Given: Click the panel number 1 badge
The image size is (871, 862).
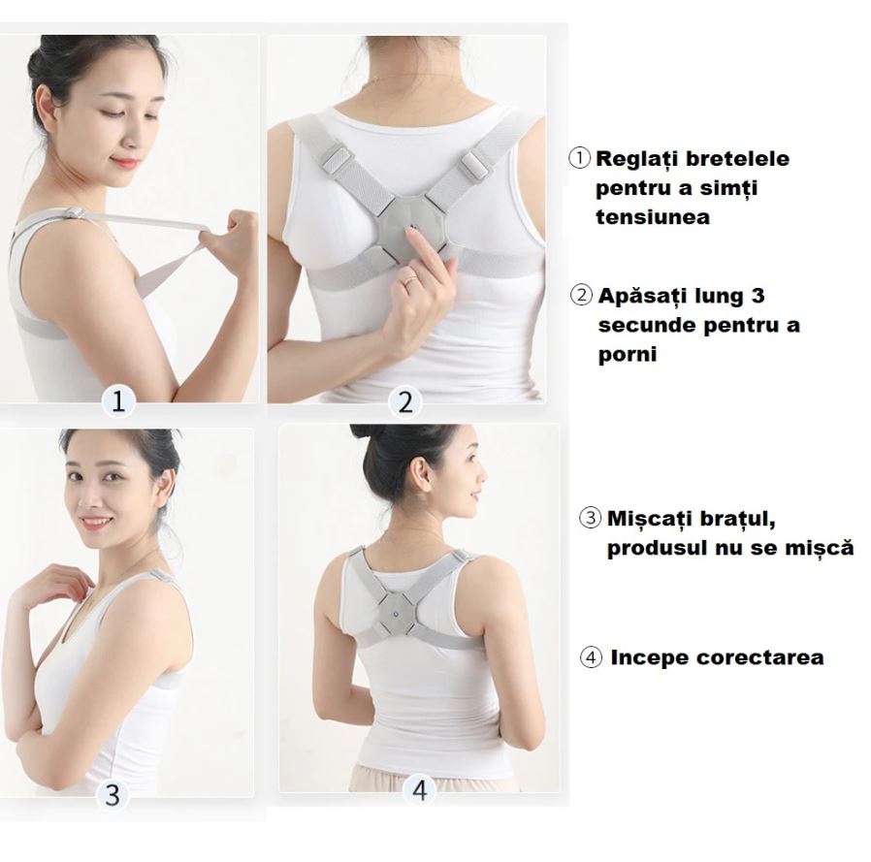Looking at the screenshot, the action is [118, 400].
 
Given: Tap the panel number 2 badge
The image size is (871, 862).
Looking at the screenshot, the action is [405, 401].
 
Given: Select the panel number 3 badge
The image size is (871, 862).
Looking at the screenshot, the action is [113, 794].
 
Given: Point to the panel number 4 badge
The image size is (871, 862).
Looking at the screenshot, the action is [420, 790].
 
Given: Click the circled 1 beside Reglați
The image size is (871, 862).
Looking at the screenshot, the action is [579, 158].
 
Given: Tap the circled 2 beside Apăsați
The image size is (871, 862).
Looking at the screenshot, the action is [581, 295].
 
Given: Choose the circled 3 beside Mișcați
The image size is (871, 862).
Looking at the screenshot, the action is [590, 518].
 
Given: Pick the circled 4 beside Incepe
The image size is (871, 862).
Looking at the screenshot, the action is [591, 657].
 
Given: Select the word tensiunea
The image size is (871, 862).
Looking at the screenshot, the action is [653, 216].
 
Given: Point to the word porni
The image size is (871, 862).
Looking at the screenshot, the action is [628, 354].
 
